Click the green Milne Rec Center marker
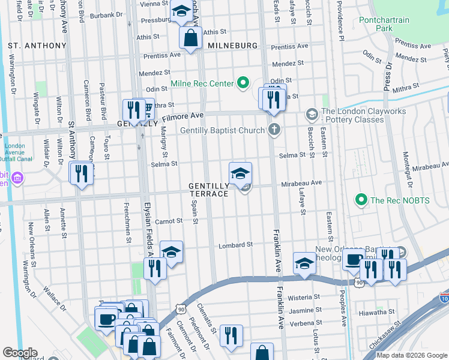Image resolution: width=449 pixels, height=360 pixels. coord(243,83)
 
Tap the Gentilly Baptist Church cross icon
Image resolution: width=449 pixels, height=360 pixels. coord(274,130)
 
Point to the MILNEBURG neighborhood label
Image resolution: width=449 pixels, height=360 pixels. coord(232,46)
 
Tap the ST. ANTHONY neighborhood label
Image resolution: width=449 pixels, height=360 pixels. coord(37,46)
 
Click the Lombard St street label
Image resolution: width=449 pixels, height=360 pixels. coord(235,245)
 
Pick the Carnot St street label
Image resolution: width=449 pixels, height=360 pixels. coord(168,221)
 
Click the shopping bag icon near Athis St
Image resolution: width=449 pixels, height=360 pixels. coord(190,38)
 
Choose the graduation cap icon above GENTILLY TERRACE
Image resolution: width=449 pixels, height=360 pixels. coord(240,173)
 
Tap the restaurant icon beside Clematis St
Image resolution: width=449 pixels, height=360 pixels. coord(231,336)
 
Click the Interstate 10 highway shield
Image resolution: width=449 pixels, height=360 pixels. coord(444,298)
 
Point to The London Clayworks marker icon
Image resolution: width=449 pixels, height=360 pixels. coord(312,113)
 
